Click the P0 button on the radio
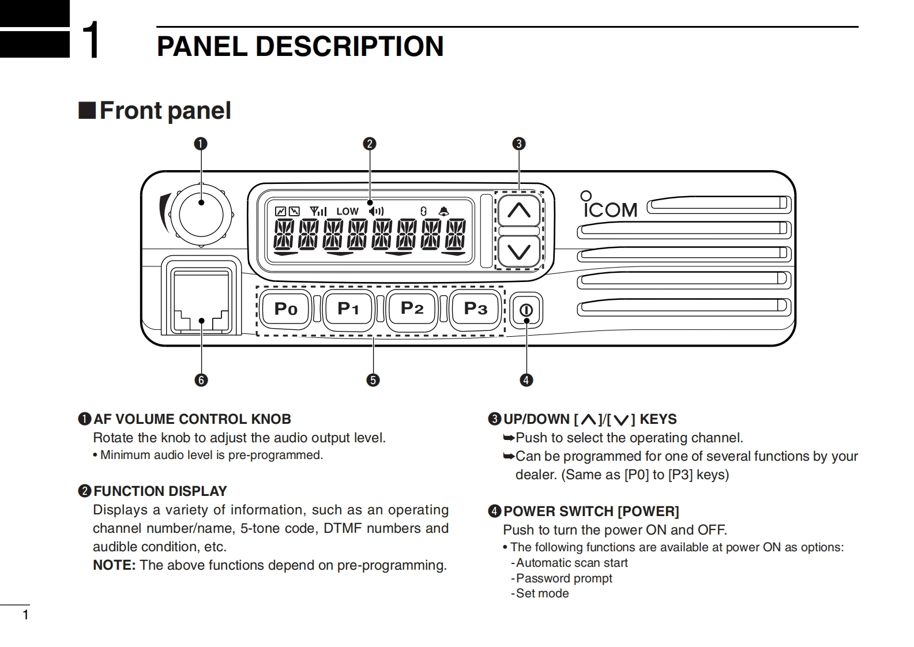click(286, 309)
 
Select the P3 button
click(476, 309)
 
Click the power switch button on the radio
click(526, 310)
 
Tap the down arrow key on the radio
click(519, 252)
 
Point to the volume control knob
click(201, 214)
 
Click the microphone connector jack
click(201, 303)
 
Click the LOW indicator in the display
click(347, 212)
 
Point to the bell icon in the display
click(443, 212)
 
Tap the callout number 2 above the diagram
click(370, 144)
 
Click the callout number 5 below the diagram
click(373, 380)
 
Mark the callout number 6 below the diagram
click(201, 380)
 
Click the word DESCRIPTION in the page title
click(349, 46)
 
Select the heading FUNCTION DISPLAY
click(160, 491)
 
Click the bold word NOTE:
click(114, 565)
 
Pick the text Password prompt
click(564, 578)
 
